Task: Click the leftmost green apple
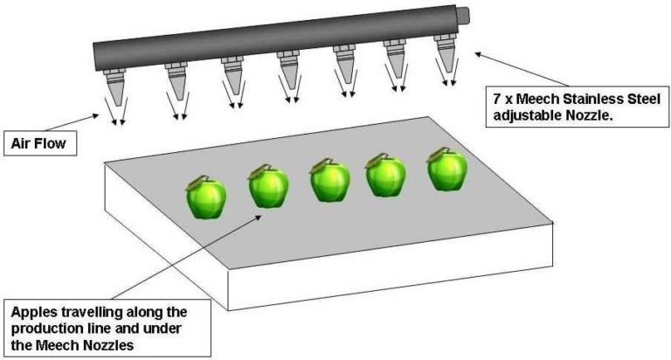click(x=206, y=198)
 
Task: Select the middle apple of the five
click(x=329, y=180)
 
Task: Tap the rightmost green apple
click(x=446, y=170)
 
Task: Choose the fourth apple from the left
click(x=384, y=175)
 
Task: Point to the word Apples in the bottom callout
click(x=34, y=312)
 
